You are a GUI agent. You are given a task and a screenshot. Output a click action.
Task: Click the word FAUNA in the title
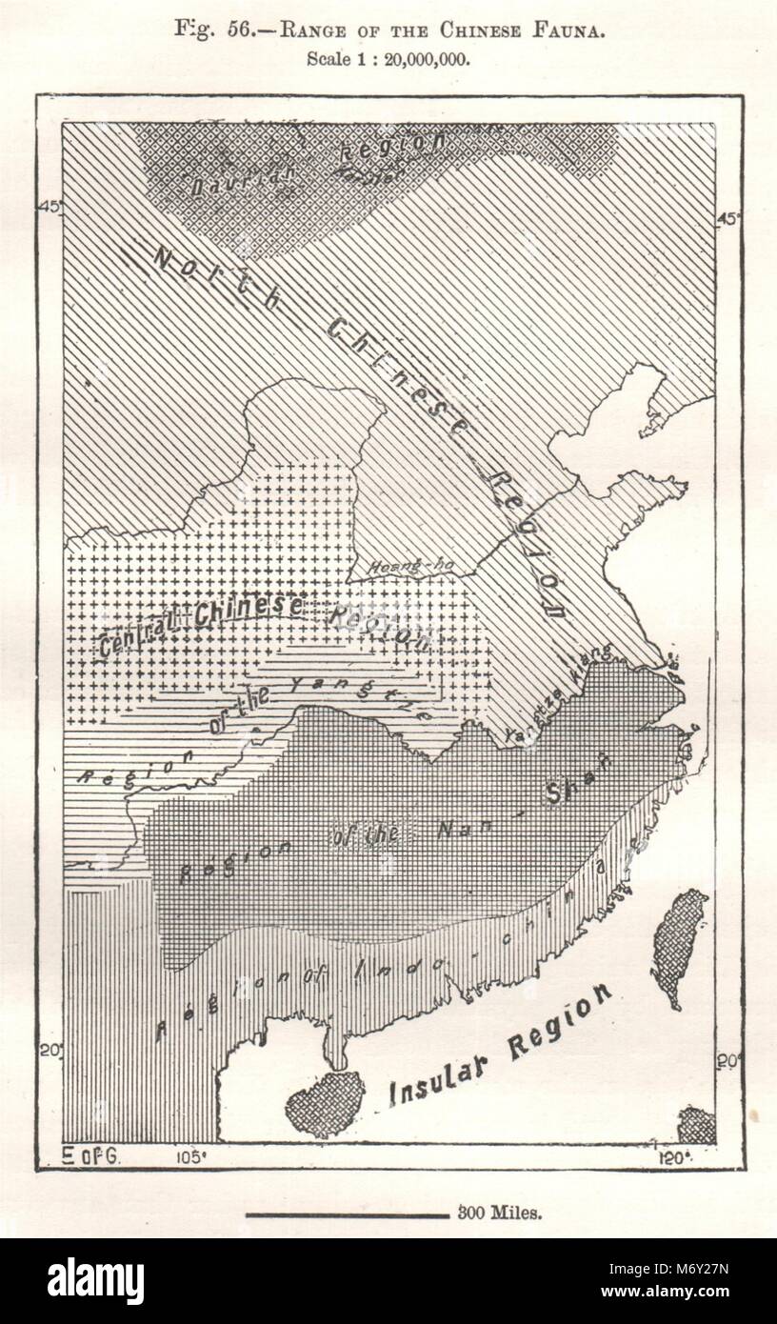[x=571, y=31]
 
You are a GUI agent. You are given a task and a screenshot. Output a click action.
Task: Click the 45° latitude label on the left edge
[x=50, y=209]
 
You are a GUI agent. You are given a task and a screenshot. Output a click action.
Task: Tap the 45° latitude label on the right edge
[x=727, y=218]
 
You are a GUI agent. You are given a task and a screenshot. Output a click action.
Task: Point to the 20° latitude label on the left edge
[x=50, y=1050]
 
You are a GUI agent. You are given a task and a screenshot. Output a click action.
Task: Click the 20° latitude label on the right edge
[x=727, y=1061]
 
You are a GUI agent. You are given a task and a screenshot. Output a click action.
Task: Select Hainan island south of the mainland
[x=325, y=1103]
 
